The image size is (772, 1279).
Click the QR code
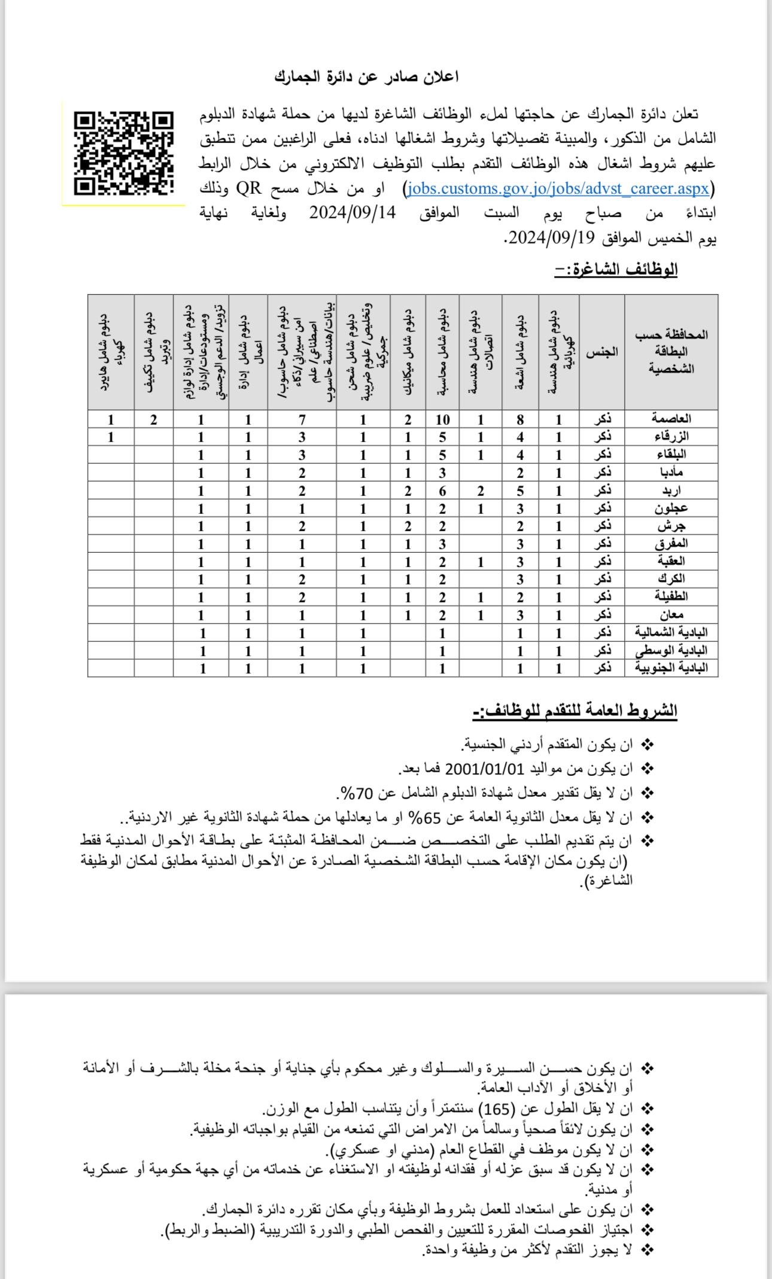tap(124, 153)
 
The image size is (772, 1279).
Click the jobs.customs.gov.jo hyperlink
tap(558, 188)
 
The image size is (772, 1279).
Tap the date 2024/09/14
tap(352, 213)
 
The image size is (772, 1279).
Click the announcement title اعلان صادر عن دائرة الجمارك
tap(366, 77)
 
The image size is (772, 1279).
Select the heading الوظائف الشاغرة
tap(616, 269)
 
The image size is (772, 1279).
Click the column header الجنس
tap(601, 352)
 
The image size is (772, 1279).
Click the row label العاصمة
tap(671, 419)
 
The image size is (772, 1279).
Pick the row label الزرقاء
tap(671, 437)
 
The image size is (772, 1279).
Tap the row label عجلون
tap(671, 508)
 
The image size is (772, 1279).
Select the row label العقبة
tap(671, 561)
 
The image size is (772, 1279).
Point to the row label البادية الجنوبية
tap(671, 668)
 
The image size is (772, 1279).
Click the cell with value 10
tap(442, 419)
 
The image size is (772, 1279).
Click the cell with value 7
tap(302, 419)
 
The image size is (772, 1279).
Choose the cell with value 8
tap(520, 419)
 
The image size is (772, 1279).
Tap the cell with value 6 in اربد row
tap(442, 491)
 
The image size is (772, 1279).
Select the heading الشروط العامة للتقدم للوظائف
tap(575, 711)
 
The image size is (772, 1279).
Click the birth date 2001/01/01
tap(484, 769)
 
